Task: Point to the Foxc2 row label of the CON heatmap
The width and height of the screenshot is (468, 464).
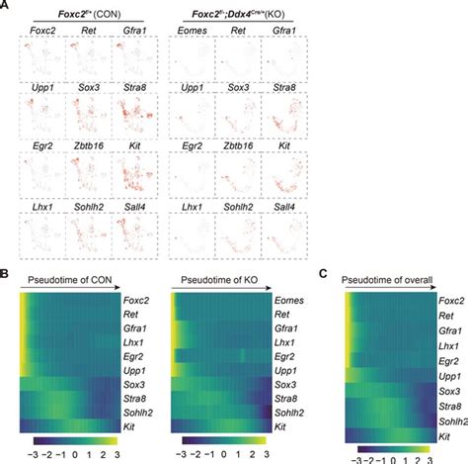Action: click(x=138, y=299)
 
